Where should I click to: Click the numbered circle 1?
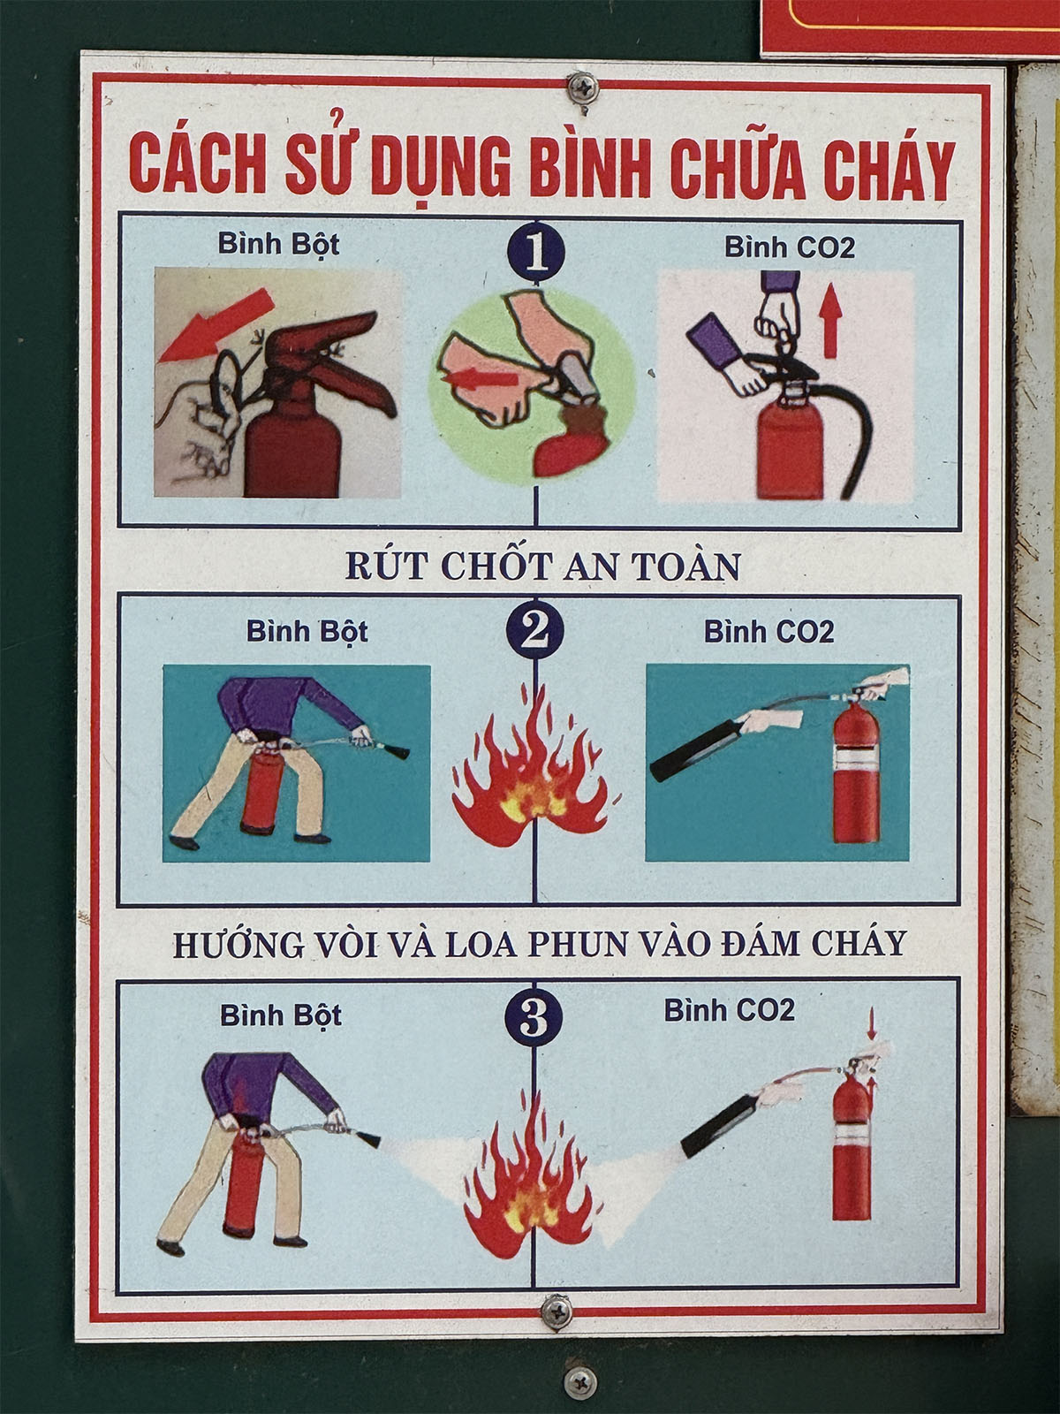point(536,254)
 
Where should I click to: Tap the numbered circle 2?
point(534,630)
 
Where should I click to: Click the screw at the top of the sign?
point(583,87)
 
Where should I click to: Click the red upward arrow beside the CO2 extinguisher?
point(831,320)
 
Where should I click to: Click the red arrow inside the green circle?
point(481,378)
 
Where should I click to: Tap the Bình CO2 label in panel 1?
point(790,247)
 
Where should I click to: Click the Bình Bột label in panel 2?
point(307,631)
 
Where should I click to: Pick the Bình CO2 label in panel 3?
point(730,1010)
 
